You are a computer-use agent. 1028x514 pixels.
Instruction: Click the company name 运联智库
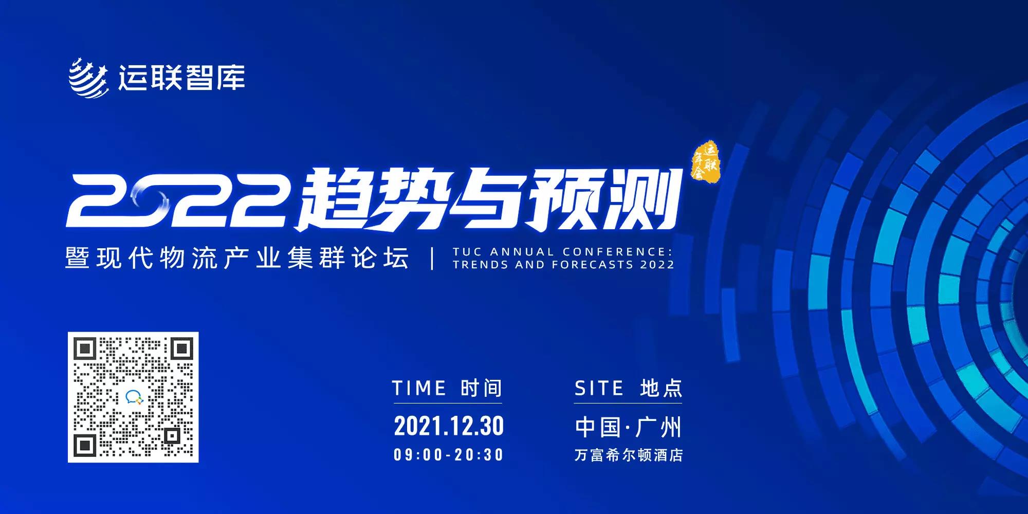coord(182,78)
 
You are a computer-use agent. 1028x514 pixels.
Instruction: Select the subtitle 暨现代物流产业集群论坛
coord(237,258)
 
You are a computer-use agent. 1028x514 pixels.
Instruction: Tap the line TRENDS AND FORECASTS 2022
coord(563,265)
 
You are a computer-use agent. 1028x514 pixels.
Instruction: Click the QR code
coord(133,397)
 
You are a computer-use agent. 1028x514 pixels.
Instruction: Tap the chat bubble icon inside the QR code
coord(134,397)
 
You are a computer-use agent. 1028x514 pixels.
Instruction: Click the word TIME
coord(419,388)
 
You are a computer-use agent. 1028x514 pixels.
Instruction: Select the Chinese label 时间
coord(482,388)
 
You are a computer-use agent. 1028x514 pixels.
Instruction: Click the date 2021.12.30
coord(449,426)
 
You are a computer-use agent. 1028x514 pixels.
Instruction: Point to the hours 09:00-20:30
coord(449,455)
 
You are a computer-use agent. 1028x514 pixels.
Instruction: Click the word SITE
coord(599,388)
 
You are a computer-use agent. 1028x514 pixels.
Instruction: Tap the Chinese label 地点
coord(662,388)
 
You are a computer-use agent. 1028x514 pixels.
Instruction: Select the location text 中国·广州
coord(628,427)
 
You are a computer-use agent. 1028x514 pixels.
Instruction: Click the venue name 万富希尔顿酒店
coord(628,455)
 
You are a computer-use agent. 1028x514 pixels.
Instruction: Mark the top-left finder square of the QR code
coord(85,350)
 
